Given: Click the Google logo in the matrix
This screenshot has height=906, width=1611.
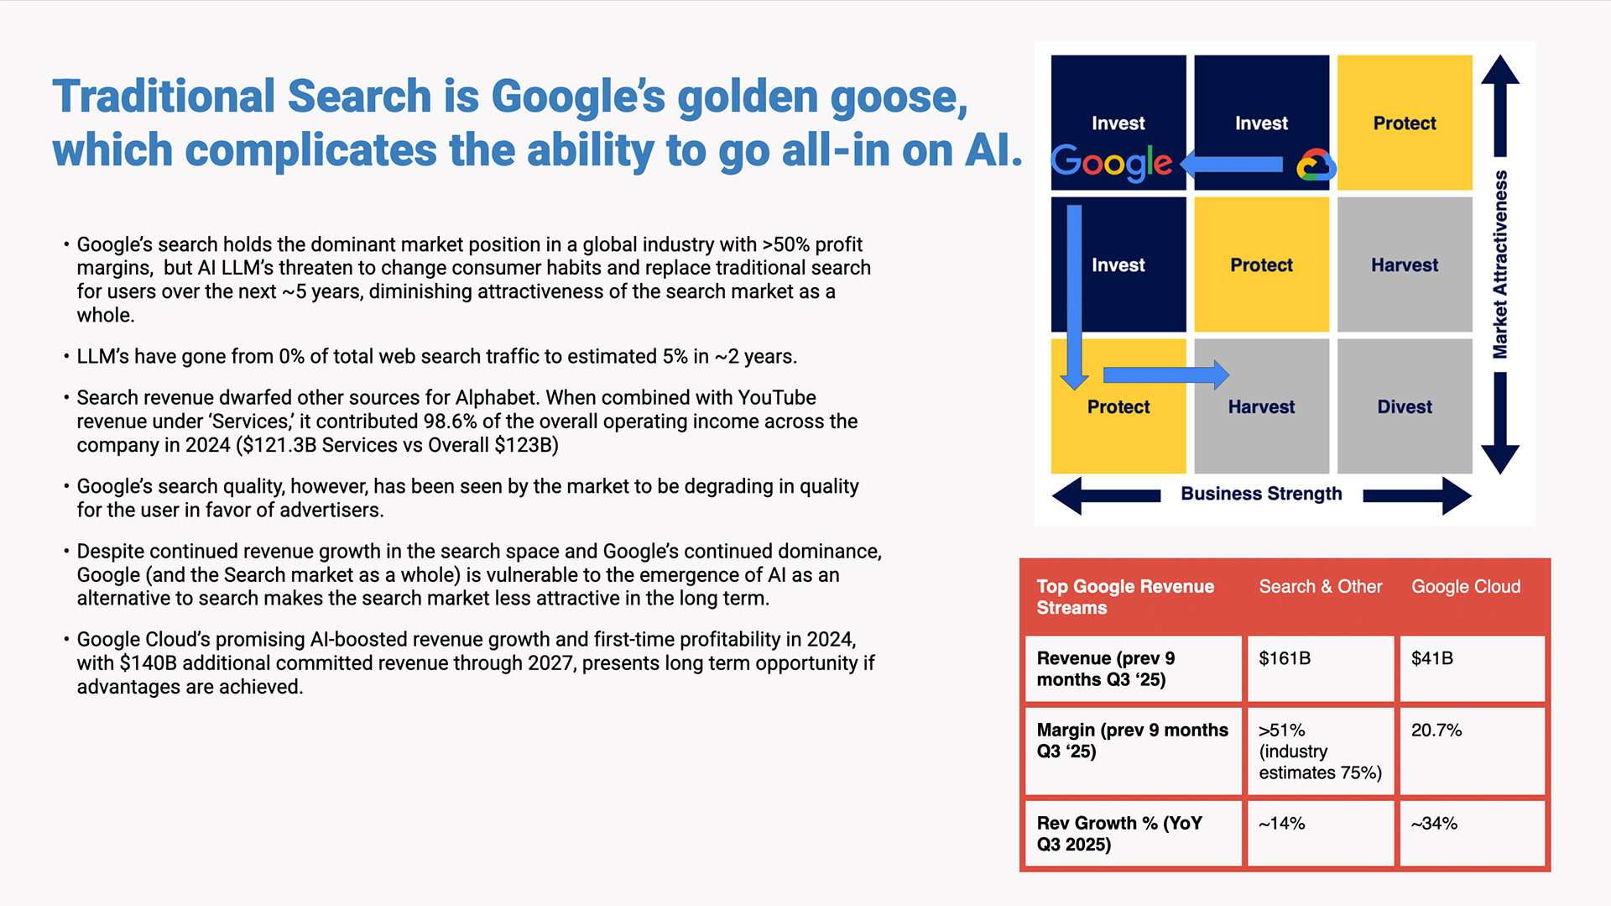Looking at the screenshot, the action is click(x=1112, y=163).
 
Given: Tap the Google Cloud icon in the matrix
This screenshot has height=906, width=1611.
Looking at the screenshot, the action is click(x=1316, y=165).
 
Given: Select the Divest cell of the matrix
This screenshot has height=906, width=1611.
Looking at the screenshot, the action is click(x=1405, y=406).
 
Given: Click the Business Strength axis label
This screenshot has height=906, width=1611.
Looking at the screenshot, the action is click(x=1261, y=494).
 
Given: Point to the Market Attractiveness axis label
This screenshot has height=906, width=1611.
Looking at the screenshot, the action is click(x=1500, y=264).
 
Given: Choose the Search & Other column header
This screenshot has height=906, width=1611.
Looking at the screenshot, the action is click(x=1320, y=587).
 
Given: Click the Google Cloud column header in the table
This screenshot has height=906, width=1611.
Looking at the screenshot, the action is click(x=1466, y=587).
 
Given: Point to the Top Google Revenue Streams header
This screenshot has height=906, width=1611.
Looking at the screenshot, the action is click(x=1125, y=597).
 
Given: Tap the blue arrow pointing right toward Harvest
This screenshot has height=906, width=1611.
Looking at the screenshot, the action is click(x=1166, y=374).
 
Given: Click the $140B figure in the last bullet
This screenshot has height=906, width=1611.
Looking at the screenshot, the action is click(x=148, y=663).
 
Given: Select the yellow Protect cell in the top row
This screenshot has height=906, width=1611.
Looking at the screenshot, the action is click(x=1405, y=123).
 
